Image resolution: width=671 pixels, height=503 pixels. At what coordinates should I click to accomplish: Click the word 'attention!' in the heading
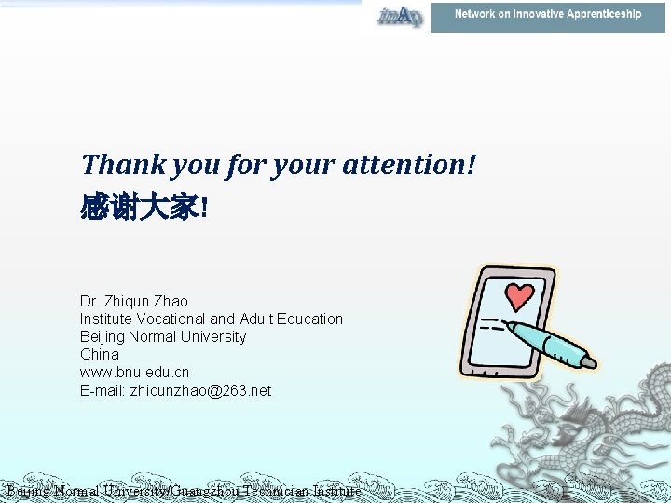410,165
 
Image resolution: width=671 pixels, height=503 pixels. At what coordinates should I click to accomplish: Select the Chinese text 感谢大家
140,207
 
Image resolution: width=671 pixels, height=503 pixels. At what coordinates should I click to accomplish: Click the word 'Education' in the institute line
309,319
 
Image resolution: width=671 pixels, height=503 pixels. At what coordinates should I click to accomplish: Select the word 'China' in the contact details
100,354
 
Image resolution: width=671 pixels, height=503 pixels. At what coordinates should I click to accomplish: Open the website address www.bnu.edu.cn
134,372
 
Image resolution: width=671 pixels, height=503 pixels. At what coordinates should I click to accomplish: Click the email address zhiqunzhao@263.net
200,390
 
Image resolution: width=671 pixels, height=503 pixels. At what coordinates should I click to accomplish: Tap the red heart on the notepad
519,297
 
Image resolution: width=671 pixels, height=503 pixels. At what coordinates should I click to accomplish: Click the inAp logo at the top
399,16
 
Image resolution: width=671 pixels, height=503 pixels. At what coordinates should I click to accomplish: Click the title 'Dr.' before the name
90,301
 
